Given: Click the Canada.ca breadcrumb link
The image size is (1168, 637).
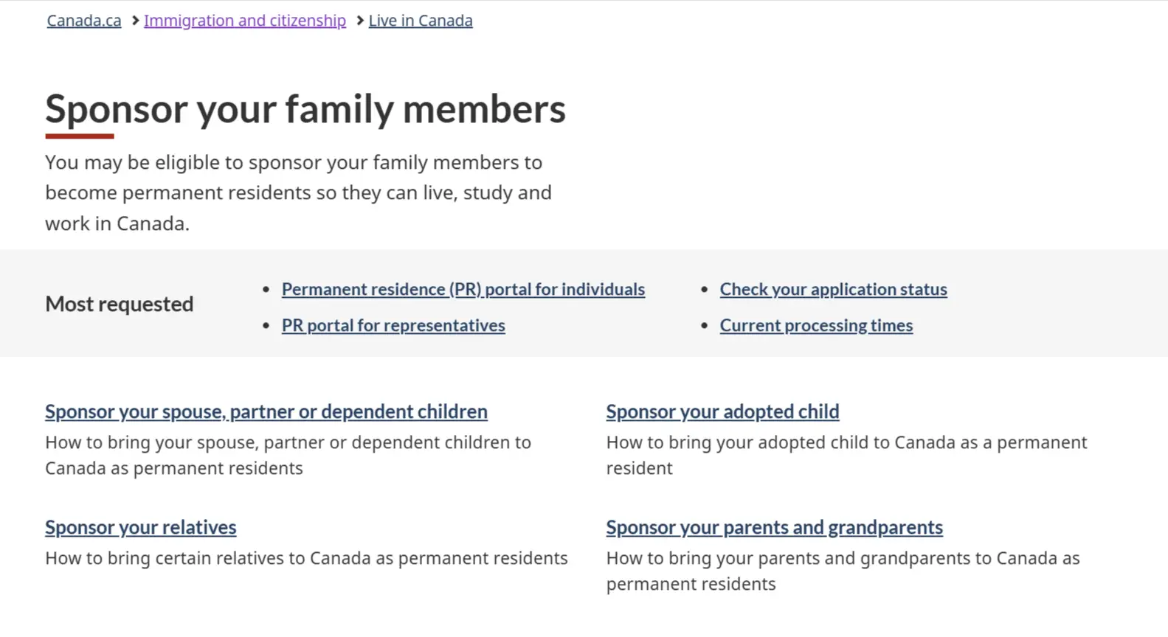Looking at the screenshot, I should tap(84, 21).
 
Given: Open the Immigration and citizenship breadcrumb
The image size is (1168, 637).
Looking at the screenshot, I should tap(245, 21).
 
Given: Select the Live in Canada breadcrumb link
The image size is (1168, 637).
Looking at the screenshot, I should tap(421, 21).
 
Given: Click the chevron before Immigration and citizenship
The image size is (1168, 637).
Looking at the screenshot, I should tap(135, 21).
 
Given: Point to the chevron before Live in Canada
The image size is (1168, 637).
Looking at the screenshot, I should tap(360, 21).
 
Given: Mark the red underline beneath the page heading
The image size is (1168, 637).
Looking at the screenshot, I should tap(80, 136).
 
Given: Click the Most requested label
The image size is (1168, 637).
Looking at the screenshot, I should tap(120, 304).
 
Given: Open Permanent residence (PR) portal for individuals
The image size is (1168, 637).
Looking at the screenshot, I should tap(463, 289).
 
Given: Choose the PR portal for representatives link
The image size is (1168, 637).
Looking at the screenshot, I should tap(393, 325).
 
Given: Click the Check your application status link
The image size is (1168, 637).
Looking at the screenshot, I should tap(834, 289).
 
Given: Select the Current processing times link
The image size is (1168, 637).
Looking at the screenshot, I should tap(816, 325).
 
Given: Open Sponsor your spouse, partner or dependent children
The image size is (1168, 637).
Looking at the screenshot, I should tap(266, 411).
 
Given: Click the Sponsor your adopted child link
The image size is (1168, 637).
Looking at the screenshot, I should tap(722, 411).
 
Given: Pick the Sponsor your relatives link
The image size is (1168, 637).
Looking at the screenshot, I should tap(141, 527).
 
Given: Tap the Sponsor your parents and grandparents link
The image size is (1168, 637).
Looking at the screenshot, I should tap(775, 527).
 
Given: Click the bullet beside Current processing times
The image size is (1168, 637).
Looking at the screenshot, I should tap(705, 325).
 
